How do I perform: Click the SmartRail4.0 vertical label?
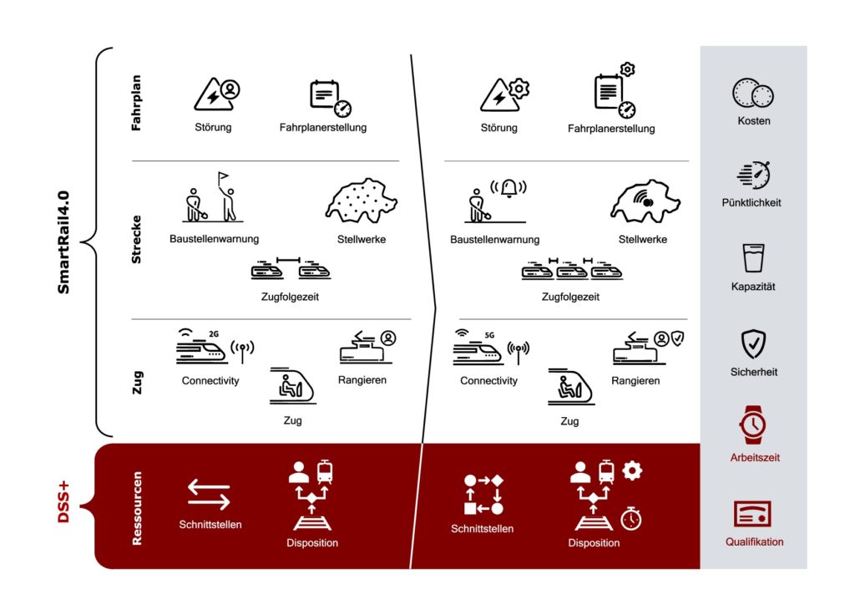click(x=63, y=242)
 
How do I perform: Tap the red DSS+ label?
click(x=63, y=502)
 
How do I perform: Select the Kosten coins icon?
click(x=753, y=94)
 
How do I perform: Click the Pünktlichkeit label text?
click(x=751, y=203)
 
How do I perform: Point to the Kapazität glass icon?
click(x=754, y=258)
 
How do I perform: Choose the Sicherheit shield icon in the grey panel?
click(x=754, y=343)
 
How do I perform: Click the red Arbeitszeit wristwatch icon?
click(x=753, y=425)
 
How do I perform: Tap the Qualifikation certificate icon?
click(x=752, y=514)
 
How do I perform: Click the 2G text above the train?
click(x=214, y=334)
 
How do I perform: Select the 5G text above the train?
click(x=489, y=335)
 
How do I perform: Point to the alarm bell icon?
click(x=508, y=188)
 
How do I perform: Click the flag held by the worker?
click(x=223, y=177)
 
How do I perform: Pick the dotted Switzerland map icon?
click(x=362, y=201)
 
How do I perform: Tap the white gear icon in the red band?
click(x=632, y=470)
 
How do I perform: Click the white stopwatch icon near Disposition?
click(x=631, y=518)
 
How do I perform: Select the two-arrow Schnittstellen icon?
click(x=209, y=494)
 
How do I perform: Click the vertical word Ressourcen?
click(x=137, y=508)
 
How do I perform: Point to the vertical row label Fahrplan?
click(x=136, y=103)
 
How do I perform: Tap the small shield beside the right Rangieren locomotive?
click(x=677, y=338)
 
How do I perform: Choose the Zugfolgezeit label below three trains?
click(x=570, y=297)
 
